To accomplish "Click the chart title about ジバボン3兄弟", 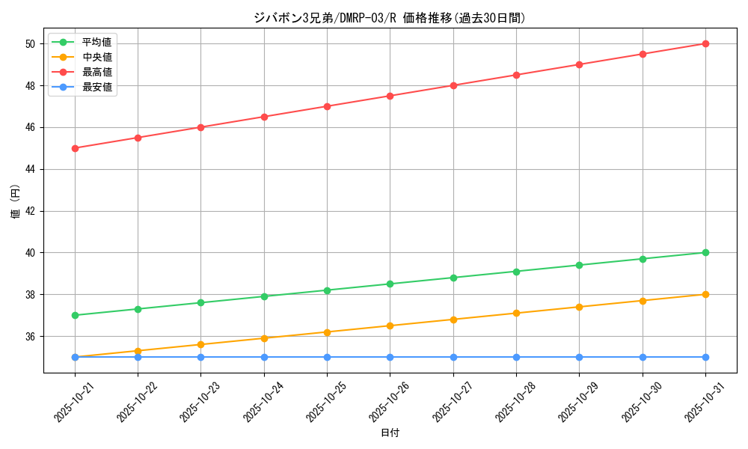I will coord(390,18).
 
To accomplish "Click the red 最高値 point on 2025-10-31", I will coord(705,43).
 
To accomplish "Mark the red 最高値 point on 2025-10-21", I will coord(75,148).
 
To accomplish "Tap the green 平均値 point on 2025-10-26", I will coord(390,284).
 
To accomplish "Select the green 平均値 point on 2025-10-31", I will coord(705,252).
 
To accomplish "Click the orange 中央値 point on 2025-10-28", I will coord(516,313).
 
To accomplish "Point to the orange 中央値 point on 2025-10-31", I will coord(705,294).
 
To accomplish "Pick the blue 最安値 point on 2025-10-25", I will coord(327,357).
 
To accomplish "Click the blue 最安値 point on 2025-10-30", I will coord(643,357).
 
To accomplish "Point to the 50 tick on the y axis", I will coord(30,43).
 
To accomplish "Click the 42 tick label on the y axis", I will coord(30,211).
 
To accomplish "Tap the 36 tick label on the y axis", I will coord(30,336).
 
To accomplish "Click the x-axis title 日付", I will coord(390,433).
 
